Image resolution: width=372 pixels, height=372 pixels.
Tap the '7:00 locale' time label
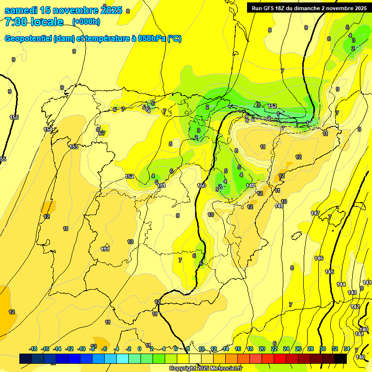click(34, 22)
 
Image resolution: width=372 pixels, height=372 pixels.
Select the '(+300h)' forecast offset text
click(86, 22)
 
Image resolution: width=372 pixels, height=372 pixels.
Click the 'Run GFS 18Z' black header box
click(308, 8)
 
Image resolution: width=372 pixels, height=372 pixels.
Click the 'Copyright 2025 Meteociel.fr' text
click(206, 369)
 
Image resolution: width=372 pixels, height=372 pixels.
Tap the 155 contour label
click(14, 118)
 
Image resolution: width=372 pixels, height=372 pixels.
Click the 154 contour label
click(47, 129)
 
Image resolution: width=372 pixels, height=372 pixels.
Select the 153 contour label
click(74, 147)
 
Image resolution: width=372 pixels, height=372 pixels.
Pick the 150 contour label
click(202, 186)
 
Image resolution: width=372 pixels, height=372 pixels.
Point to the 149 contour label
click(250, 186)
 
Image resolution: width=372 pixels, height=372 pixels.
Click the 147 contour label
click(315, 213)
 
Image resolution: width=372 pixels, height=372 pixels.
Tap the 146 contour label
click(319, 258)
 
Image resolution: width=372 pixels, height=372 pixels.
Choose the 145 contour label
click(329, 272)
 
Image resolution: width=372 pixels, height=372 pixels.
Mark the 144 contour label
click(341, 284)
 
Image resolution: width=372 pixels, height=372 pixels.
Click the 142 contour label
click(355, 307)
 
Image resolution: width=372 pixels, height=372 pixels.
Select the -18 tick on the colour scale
click(33, 349)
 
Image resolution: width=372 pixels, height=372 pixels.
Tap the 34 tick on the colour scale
click(347, 349)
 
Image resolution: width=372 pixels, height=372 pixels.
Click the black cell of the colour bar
click(341, 358)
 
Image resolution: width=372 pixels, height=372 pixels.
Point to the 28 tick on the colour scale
click(310, 349)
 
